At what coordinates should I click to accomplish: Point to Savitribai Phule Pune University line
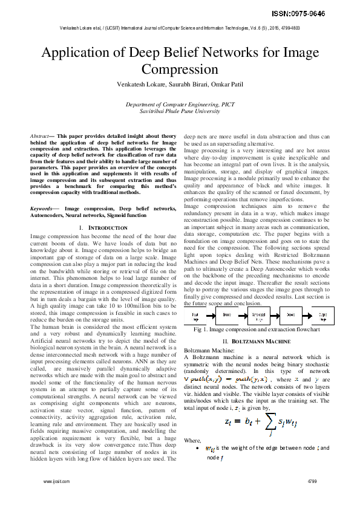pyautogui.click(x=180, y=111)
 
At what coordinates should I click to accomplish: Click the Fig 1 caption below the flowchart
pyautogui.click(x=257, y=330)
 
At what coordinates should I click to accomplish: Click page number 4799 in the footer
pyautogui.click(x=312, y=499)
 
